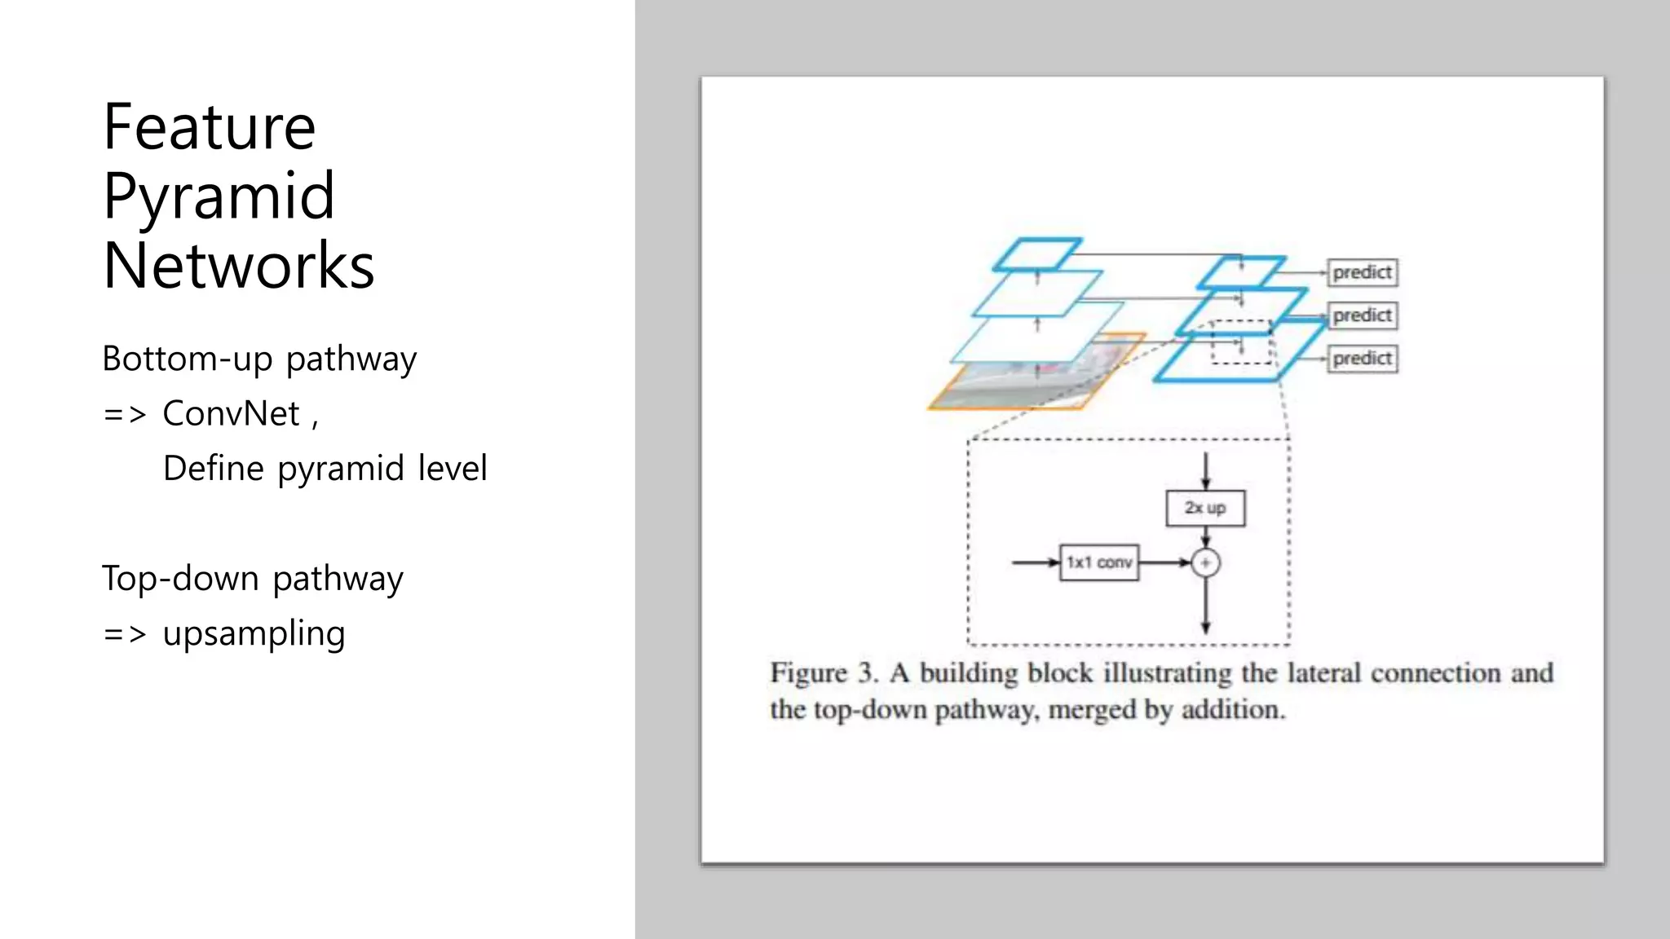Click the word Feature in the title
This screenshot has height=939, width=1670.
210,127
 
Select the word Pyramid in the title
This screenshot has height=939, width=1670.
219,196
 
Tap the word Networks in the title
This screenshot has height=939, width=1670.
238,266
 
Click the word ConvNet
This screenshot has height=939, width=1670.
231,413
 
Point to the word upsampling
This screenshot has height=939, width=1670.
254,634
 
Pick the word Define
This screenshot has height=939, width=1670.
214,469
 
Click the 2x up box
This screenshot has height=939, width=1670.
1205,508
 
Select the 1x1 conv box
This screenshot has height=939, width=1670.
1098,562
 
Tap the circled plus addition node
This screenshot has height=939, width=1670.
1205,562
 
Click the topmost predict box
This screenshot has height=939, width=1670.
1362,272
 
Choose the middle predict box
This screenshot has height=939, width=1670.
1362,315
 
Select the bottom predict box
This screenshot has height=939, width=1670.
1362,359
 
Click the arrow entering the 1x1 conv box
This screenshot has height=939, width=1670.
1036,562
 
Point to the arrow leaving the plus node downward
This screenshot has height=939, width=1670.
1205,607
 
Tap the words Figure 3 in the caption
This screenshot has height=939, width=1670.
824,673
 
